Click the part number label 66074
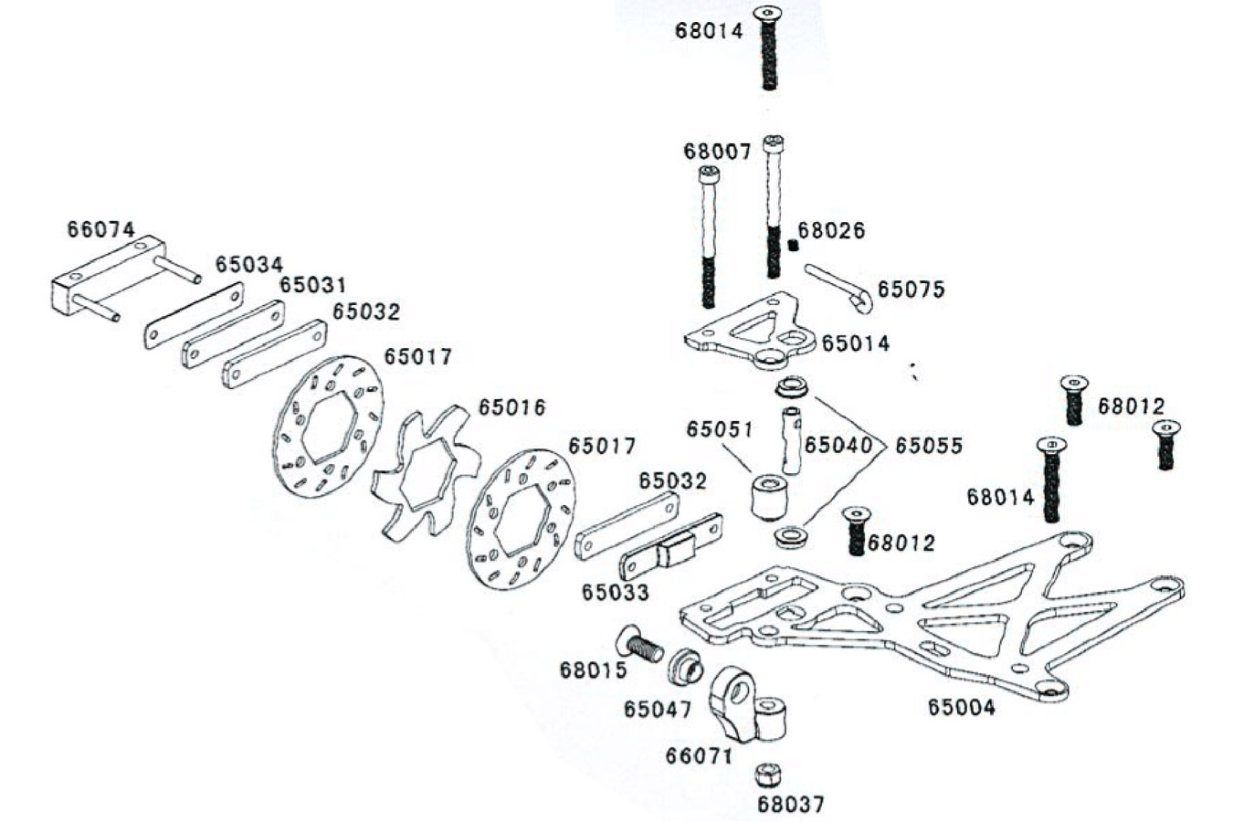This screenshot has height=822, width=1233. pyautogui.click(x=100, y=229)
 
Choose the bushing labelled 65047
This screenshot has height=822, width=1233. pyautogui.click(x=684, y=666)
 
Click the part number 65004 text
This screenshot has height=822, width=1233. pyautogui.click(x=962, y=706)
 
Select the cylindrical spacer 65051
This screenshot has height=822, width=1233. pyautogui.click(x=769, y=496)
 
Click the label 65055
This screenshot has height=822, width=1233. pyautogui.click(x=928, y=446)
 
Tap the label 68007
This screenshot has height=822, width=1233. pyautogui.click(x=717, y=151)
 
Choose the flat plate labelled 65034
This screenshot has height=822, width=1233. pyautogui.click(x=194, y=315)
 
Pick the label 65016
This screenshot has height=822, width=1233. pyautogui.click(x=511, y=407)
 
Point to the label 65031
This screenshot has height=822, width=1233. pyautogui.click(x=313, y=285)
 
